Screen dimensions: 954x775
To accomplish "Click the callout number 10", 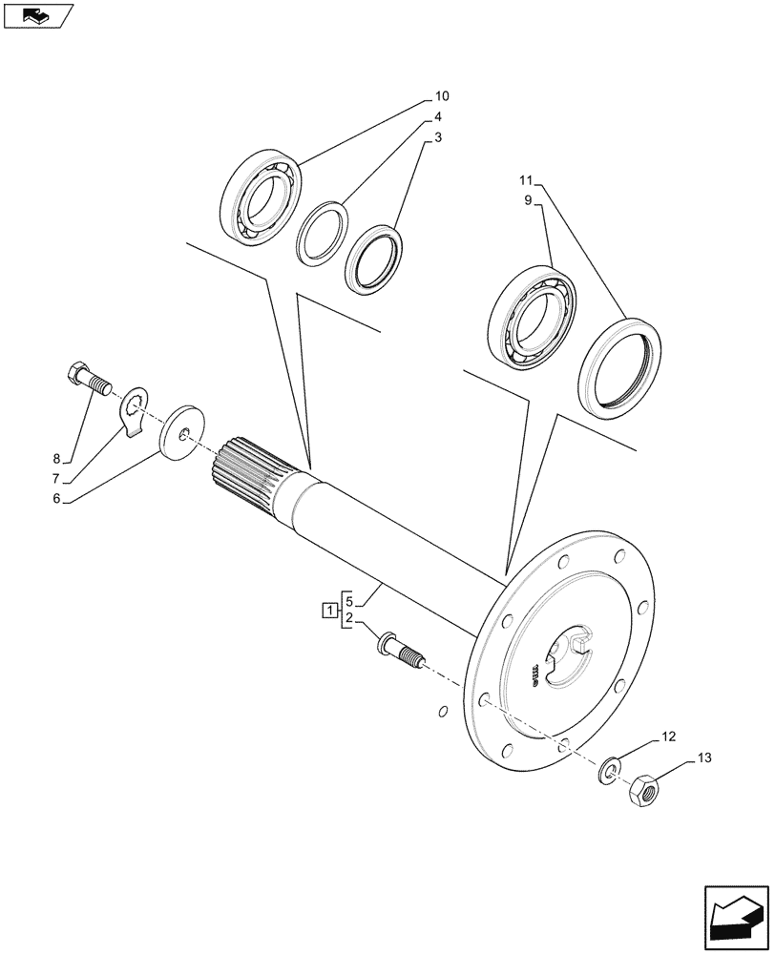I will coord(442,96).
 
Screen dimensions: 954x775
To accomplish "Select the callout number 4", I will coord(438,117).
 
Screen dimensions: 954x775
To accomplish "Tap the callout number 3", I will coord(438,138).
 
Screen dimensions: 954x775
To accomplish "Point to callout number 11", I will coord(527,180).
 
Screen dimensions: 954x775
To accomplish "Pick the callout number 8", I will coord(56,458).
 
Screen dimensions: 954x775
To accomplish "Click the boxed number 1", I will coord(328,611).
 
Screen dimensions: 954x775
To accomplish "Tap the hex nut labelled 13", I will coord(645,790).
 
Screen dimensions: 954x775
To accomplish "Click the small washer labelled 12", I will coord(608,769).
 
